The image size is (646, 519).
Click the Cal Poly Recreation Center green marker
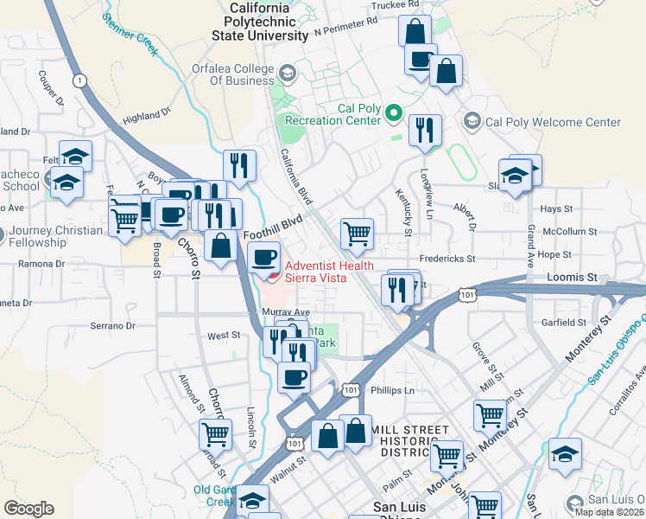coord(394,112)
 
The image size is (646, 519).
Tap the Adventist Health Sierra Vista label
coord(315,272)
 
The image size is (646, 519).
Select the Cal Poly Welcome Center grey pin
coord(472,122)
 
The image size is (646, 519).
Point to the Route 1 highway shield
coord(79,80)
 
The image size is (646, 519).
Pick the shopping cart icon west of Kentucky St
coord(357,233)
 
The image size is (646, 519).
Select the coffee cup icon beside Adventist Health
coord(264,257)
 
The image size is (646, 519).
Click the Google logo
coord(28,508)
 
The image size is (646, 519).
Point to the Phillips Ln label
coord(393,390)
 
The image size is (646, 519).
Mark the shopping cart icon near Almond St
coord(215,434)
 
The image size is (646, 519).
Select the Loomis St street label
coord(572,278)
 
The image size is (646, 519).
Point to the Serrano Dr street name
coord(113,326)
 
